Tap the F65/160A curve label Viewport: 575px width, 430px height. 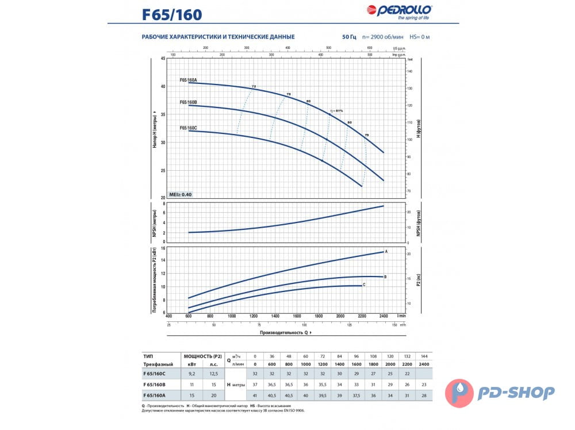(x=188, y=80)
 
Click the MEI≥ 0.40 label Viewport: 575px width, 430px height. (x=181, y=194)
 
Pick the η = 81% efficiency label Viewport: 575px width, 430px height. (x=336, y=111)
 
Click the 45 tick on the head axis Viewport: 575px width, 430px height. (x=163, y=59)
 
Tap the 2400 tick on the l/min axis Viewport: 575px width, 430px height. (x=384, y=316)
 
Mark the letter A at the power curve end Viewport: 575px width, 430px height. (x=386, y=252)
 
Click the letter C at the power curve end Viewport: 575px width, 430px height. (x=365, y=285)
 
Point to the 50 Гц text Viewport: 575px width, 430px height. (x=349, y=37)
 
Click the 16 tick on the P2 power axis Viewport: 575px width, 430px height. (x=163, y=248)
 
